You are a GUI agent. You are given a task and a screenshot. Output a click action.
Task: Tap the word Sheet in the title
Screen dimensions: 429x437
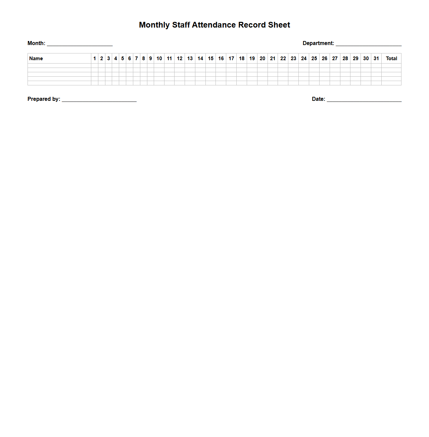click(279, 25)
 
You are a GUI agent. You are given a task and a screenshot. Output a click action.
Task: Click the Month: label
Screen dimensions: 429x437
click(36, 43)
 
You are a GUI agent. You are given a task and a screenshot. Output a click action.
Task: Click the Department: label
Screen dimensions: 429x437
click(318, 43)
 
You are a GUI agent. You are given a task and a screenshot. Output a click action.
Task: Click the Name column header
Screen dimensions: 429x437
click(36, 58)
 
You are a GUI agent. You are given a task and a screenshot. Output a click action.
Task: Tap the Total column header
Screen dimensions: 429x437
click(391, 58)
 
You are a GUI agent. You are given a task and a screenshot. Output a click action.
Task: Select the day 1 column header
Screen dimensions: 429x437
click(95, 58)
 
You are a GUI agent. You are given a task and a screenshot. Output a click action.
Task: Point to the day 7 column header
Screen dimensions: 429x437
click(137, 58)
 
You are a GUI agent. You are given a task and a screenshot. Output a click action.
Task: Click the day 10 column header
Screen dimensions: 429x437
click(159, 58)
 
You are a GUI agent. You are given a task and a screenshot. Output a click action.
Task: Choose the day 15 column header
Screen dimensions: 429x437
click(211, 58)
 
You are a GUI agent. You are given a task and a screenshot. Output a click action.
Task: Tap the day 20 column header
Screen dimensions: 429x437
click(263, 58)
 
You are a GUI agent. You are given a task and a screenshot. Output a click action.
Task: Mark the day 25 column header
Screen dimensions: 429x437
click(314, 58)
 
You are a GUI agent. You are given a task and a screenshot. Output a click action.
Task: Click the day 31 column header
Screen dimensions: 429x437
click(376, 58)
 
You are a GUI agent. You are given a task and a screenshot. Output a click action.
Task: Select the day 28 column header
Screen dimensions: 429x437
click(345, 58)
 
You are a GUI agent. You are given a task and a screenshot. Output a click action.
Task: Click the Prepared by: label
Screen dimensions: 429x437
click(44, 99)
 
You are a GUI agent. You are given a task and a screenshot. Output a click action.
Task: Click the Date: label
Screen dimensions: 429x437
click(318, 99)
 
